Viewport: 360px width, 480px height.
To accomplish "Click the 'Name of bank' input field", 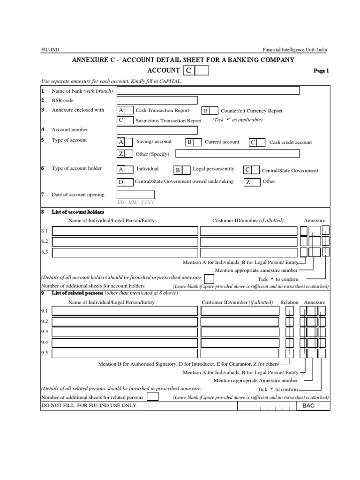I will point(208,90).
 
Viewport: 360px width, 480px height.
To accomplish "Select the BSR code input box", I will point(157,100).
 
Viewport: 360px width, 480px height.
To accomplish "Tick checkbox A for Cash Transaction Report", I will point(130,110).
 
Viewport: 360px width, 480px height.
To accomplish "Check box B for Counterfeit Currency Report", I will point(214,111).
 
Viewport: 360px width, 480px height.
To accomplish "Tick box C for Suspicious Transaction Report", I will point(130,120).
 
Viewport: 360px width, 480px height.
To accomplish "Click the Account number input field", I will point(157,130).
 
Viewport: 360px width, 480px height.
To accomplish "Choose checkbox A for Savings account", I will point(130,142).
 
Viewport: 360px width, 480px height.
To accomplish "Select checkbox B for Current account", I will point(198,142).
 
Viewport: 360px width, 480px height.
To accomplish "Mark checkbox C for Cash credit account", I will point(262,142).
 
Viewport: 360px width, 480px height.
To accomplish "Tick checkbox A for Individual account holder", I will point(130,169).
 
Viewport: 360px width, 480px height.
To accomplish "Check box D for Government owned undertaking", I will point(129,182).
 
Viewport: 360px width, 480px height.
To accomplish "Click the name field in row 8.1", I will point(125,231).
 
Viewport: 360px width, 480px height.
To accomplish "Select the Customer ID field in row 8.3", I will point(248,253).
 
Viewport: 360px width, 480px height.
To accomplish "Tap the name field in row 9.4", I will point(125,343).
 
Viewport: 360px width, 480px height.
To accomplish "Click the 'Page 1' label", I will point(321,71).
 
